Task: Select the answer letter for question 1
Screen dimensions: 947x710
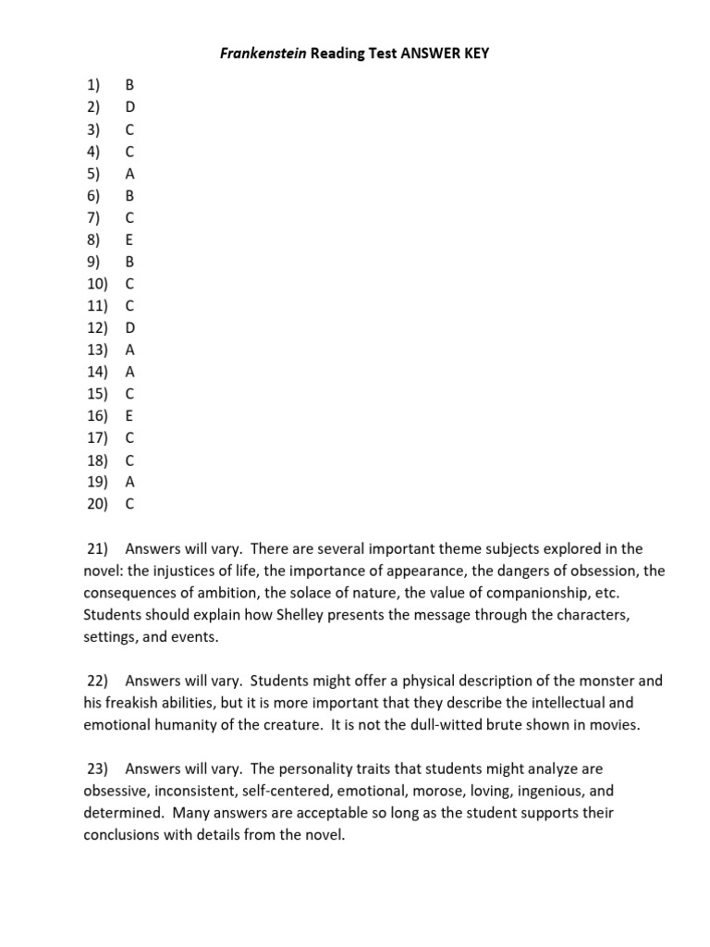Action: [x=129, y=85]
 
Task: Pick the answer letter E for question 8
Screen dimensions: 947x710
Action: [x=129, y=240]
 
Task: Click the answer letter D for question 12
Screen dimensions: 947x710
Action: [x=129, y=327]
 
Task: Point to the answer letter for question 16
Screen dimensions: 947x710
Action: [x=129, y=415]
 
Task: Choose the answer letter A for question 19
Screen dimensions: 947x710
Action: [x=129, y=482]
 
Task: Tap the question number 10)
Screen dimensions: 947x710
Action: [x=96, y=283]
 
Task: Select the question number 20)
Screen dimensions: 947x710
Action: [x=96, y=504]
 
